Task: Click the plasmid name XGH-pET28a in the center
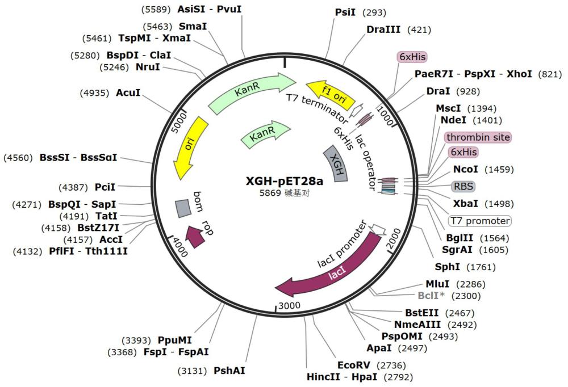285,180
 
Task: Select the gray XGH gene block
336,164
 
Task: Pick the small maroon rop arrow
194,236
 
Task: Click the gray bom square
183,208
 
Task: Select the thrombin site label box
478,137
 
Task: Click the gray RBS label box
463,187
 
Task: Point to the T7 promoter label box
479,221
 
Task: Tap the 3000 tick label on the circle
290,305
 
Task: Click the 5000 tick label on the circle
179,122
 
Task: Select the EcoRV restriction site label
353,365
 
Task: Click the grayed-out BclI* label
431,296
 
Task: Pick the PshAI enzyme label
229,371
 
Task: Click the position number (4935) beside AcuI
94,93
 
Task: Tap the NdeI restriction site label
453,120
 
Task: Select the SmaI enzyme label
193,27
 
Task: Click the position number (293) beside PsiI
374,12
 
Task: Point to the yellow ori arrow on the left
190,148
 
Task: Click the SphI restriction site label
448,267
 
